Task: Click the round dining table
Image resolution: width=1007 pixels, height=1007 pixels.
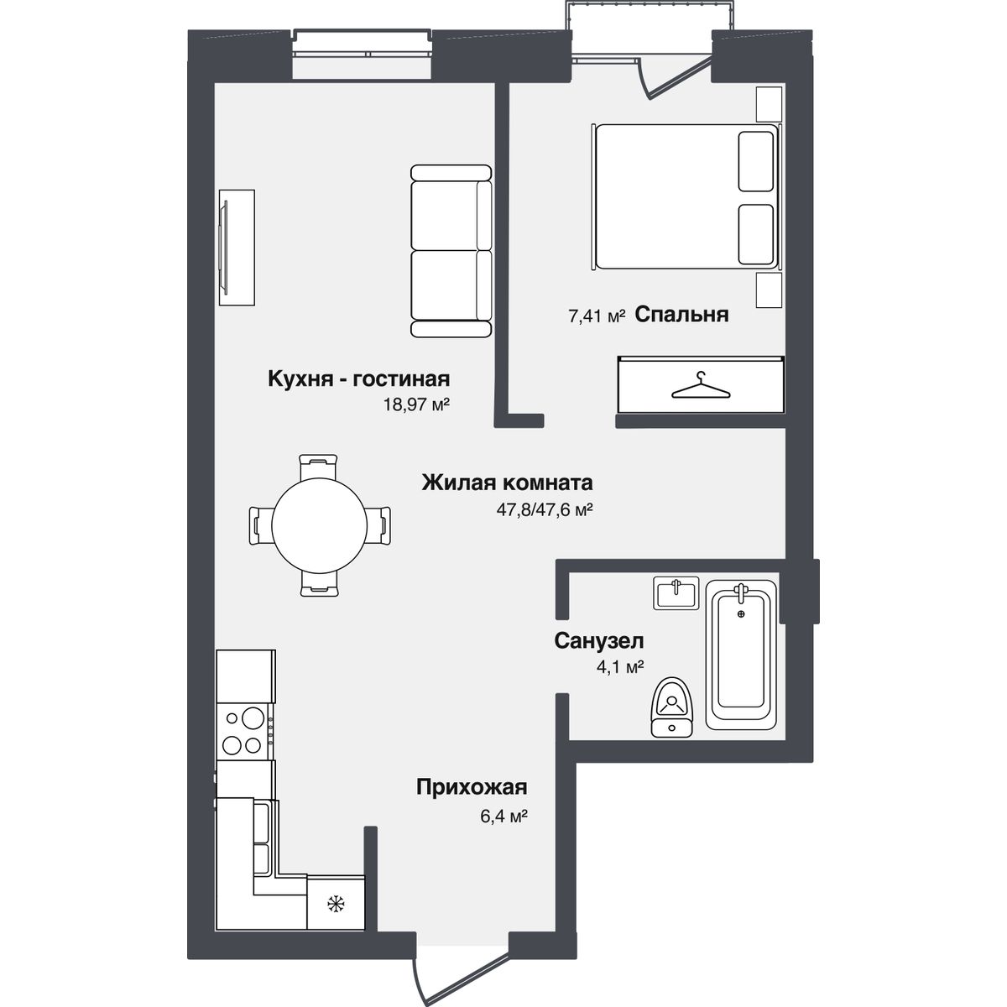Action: click(319, 525)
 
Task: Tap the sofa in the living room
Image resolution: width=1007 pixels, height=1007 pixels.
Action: click(451, 251)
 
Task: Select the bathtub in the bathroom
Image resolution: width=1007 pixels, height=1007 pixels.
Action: click(740, 655)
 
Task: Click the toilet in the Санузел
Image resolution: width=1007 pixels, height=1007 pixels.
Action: click(671, 707)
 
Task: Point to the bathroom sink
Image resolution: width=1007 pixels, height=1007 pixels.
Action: click(676, 592)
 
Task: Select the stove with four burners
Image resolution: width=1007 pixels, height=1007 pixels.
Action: click(244, 731)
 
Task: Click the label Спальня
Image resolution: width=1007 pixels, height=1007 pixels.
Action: click(681, 316)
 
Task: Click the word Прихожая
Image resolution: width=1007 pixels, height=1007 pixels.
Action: click(472, 786)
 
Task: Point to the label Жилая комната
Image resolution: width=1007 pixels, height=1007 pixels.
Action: click(507, 483)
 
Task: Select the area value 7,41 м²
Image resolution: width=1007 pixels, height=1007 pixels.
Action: click(597, 316)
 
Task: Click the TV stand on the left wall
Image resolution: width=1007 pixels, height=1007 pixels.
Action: click(237, 248)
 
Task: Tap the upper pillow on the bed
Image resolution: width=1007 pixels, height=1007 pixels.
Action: click(755, 161)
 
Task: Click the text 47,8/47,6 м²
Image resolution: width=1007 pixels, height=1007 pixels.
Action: click(544, 510)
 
